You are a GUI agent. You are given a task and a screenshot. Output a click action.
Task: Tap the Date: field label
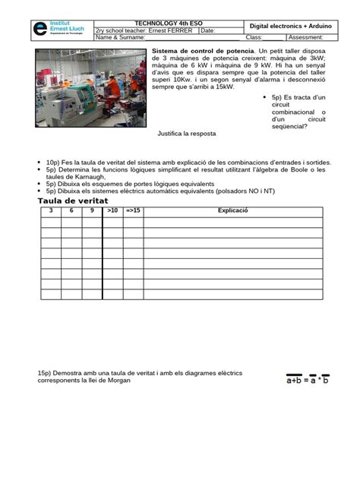tap(208, 30)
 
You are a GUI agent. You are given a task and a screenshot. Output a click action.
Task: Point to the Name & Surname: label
tap(120, 37)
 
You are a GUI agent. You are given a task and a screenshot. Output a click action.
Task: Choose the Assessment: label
tap(305, 37)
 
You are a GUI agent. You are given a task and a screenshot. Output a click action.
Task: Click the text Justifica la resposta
tap(187, 134)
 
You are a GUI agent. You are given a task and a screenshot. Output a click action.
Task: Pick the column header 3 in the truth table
tap(51, 210)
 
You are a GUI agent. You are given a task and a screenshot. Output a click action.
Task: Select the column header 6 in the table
tap(71, 210)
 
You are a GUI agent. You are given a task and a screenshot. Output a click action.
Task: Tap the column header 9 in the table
tap(92, 210)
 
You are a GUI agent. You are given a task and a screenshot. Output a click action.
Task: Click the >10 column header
tap(112, 210)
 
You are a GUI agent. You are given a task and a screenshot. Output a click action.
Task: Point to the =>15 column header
tap(133, 210)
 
